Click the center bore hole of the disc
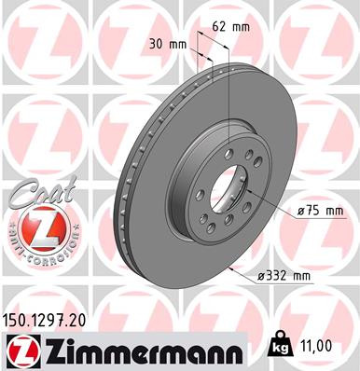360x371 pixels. [x=221, y=185]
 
